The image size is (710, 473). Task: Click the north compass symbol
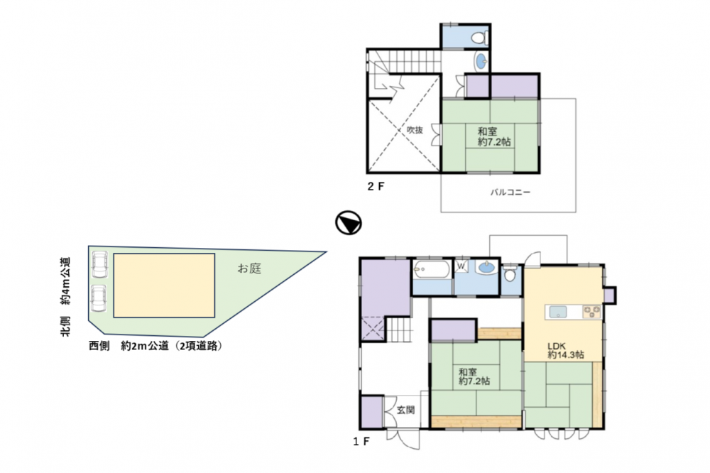click(348, 223)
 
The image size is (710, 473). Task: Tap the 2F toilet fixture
click(479, 37)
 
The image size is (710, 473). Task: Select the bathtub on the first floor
click(432, 270)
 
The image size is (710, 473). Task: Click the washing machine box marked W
click(461, 266)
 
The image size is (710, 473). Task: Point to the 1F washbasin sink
click(486, 267)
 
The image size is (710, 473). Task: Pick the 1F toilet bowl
click(510, 273)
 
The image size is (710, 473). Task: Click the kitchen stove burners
click(592, 312)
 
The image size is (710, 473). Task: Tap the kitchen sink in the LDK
click(558, 312)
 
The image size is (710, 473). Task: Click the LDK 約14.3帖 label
click(566, 350)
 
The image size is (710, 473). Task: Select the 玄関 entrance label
click(405, 410)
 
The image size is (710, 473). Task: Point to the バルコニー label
click(510, 192)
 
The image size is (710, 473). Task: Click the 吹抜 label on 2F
click(415, 129)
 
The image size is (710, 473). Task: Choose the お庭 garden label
click(249, 268)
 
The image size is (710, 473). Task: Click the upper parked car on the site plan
click(99, 264)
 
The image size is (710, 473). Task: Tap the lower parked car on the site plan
click(99, 298)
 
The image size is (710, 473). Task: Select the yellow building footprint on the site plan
click(164, 286)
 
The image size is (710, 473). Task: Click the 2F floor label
click(376, 186)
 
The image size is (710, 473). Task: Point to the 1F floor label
click(361, 441)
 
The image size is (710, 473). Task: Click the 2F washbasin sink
click(481, 60)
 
